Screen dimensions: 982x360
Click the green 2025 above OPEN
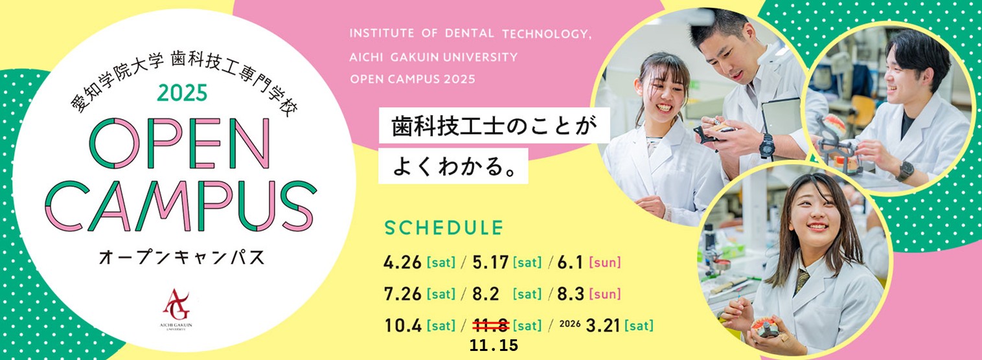coord(183,93)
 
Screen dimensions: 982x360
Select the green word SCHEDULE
coord(444,228)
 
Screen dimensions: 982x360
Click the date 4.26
coord(402,262)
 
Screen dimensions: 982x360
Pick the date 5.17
coord(490,262)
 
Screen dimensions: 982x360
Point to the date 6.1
coord(570,262)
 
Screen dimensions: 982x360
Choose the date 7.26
coord(402,294)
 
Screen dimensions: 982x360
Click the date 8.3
coord(570,294)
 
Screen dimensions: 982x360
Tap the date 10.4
coord(403,326)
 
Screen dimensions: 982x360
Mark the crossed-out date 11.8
coord(491,326)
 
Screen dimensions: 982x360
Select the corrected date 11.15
coord(494,346)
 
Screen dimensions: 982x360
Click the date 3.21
coord(603,326)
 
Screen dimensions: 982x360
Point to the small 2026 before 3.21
coord(570,324)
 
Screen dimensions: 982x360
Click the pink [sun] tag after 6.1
coord(605,262)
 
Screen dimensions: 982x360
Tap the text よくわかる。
coord(453,166)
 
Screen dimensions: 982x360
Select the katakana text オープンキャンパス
coord(182,257)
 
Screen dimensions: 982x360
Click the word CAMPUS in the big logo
coord(181,206)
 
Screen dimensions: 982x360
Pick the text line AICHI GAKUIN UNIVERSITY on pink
coord(433,57)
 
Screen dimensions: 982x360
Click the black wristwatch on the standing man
coord(767,146)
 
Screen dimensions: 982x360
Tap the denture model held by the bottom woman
coord(767,327)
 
